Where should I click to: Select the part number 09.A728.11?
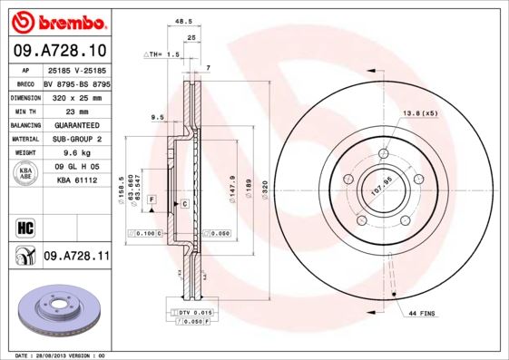point(76,258)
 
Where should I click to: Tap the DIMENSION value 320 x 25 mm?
point(76,95)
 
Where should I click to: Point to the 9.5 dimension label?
point(157,117)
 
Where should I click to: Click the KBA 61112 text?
point(76,181)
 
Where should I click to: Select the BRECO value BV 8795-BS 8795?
point(76,81)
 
